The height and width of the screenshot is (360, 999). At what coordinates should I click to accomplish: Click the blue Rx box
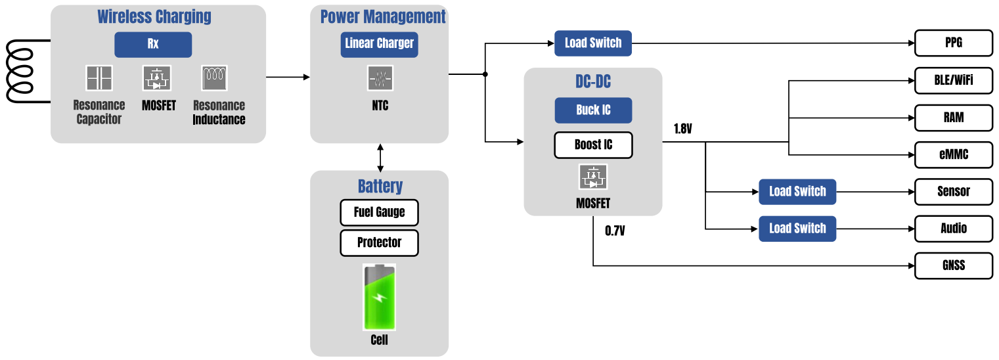coord(153,45)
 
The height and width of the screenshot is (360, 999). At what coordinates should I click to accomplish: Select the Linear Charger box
coord(379,44)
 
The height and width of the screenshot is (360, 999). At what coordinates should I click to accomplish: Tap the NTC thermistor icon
coord(379,78)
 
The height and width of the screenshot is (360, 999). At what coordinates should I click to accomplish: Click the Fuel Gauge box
coord(379,212)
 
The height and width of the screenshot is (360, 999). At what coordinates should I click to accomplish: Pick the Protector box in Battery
coord(379,243)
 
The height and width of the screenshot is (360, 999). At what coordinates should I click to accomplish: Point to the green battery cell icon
coord(379,297)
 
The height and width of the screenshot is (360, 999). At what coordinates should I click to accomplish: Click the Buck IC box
coord(593,110)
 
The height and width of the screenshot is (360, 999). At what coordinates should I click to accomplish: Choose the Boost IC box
coord(593,145)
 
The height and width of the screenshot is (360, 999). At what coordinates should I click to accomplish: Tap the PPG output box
coord(954,44)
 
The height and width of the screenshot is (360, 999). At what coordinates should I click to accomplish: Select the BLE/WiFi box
coord(954,81)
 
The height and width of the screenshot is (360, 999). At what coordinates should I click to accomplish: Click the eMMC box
coord(954,155)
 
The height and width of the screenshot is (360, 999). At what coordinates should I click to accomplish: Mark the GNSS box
coord(954,266)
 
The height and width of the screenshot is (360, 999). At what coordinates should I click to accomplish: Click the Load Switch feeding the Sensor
coord(797,192)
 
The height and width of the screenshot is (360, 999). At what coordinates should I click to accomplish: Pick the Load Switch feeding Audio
coord(797,229)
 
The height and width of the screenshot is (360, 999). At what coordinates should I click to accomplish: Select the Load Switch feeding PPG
coord(593,43)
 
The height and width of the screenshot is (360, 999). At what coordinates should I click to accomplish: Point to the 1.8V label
coord(683,129)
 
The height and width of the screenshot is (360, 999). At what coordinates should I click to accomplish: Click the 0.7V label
coord(615,231)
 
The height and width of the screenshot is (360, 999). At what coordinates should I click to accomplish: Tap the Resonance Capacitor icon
coord(99,78)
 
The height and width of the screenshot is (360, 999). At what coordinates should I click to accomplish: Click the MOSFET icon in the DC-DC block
coord(593,177)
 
